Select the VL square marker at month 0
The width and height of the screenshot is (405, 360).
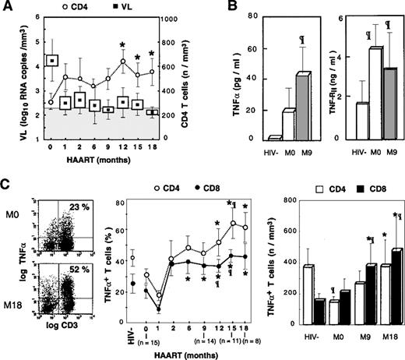click(x=51, y=61)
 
